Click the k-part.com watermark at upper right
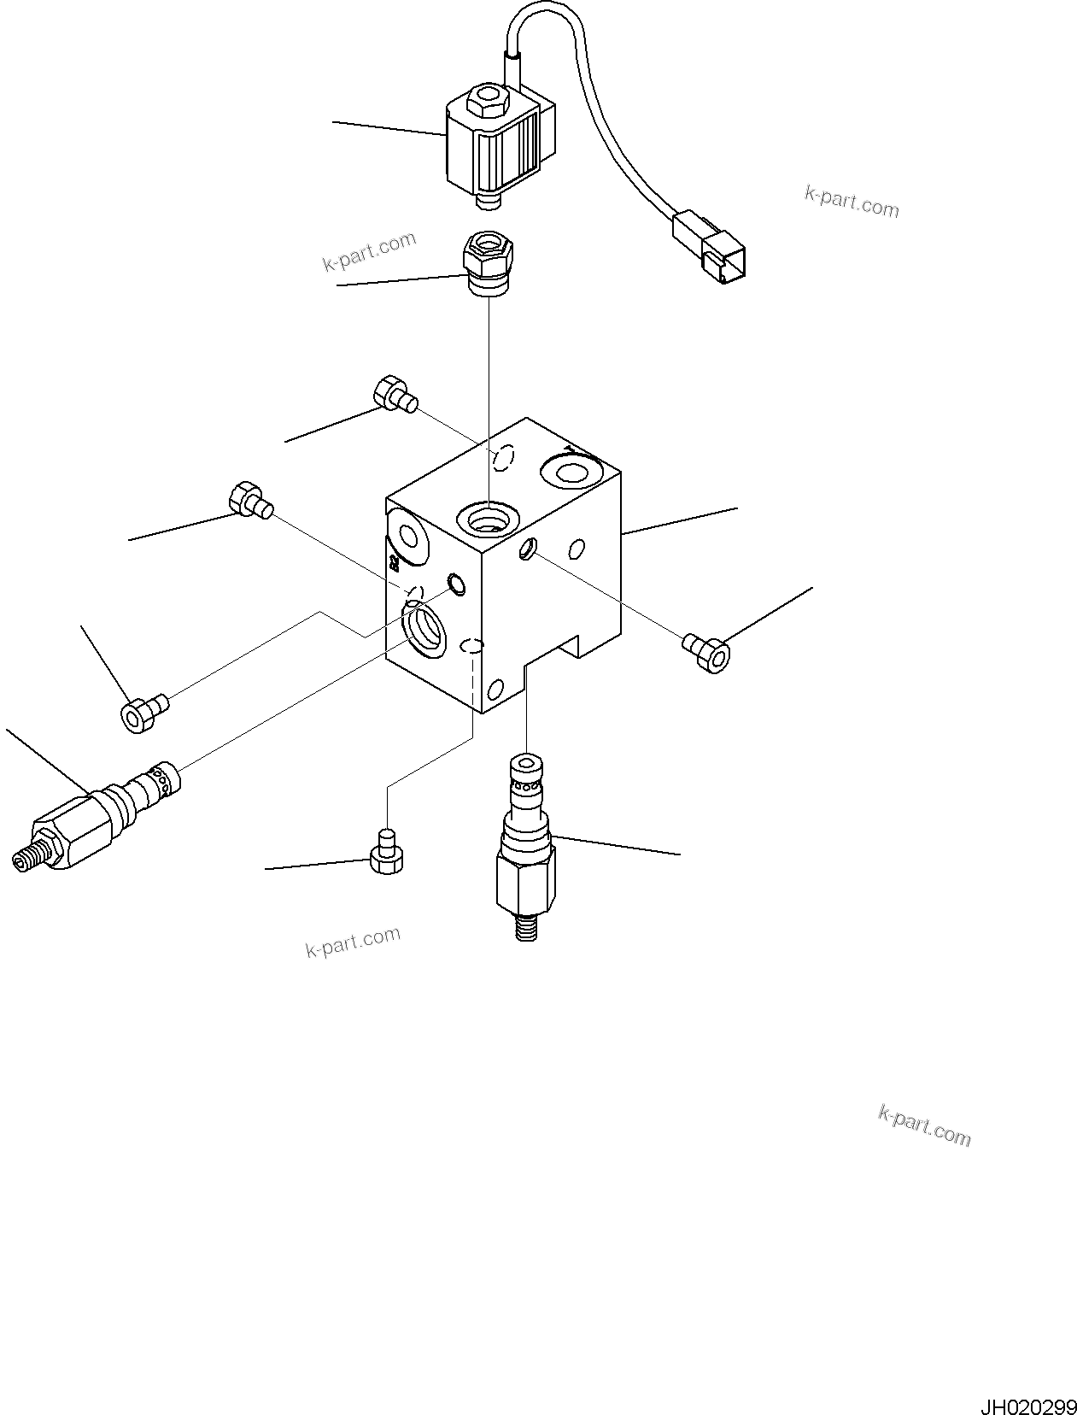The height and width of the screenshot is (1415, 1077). pyautogui.click(x=851, y=202)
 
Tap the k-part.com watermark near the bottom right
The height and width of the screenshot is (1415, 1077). pyautogui.click(x=924, y=1124)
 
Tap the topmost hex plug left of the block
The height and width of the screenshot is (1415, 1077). pyautogui.click(x=393, y=395)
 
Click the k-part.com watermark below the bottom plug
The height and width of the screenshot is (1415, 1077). pyautogui.click(x=353, y=942)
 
